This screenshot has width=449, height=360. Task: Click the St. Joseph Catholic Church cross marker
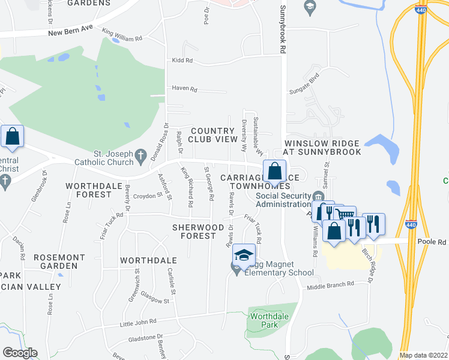140,156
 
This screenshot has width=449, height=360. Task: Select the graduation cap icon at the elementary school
244,256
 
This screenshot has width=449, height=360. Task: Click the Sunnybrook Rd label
282,30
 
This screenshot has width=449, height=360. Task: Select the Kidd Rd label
182,61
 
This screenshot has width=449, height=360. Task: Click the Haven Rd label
184,89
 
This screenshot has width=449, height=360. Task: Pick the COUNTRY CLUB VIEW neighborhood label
214,135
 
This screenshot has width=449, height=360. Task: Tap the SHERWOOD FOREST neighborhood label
193,232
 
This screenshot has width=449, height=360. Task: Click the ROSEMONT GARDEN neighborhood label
64,261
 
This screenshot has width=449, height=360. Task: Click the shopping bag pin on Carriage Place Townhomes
274,170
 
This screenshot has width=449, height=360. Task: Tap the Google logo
20,353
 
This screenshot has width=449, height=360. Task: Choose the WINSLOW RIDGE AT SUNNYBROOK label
322,148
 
